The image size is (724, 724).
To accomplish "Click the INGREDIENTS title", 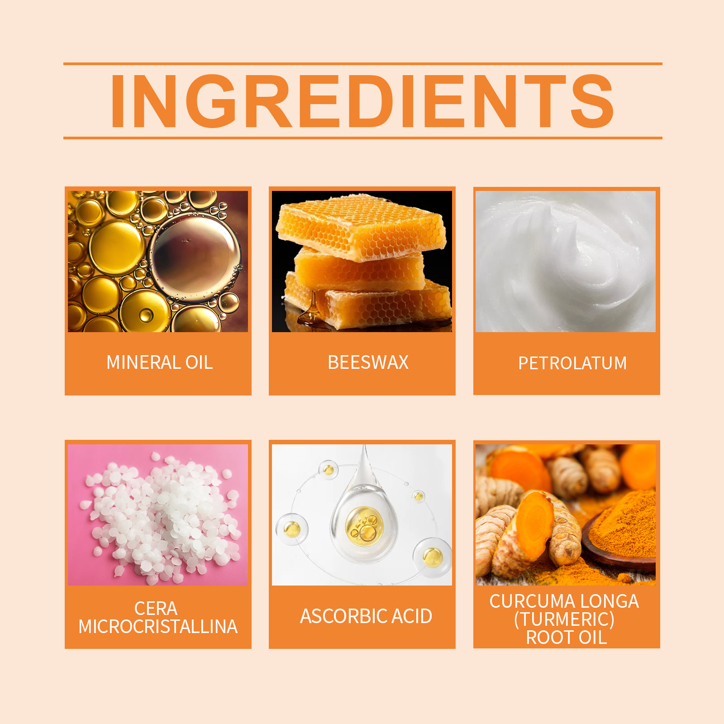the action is click(x=362, y=101).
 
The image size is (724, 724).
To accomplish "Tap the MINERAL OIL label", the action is click(x=159, y=362).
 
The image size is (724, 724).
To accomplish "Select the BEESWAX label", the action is click(x=368, y=362).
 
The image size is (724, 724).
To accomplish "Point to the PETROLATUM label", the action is click(x=572, y=363).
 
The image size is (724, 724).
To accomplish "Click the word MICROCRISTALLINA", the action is click(x=158, y=627).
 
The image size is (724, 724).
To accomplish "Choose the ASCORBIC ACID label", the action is click(x=366, y=616).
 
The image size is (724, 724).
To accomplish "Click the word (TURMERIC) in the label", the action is click(x=564, y=619).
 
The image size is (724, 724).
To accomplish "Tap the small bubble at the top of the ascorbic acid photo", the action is click(x=329, y=469).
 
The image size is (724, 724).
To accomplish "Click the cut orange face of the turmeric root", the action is click(x=535, y=525).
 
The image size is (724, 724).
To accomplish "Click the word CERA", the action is click(x=156, y=609).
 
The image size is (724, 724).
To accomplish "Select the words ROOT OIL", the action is click(x=566, y=638).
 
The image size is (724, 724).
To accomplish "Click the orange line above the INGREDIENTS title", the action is click(x=363, y=64).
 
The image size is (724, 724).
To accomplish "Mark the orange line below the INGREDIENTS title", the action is click(x=363, y=138).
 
